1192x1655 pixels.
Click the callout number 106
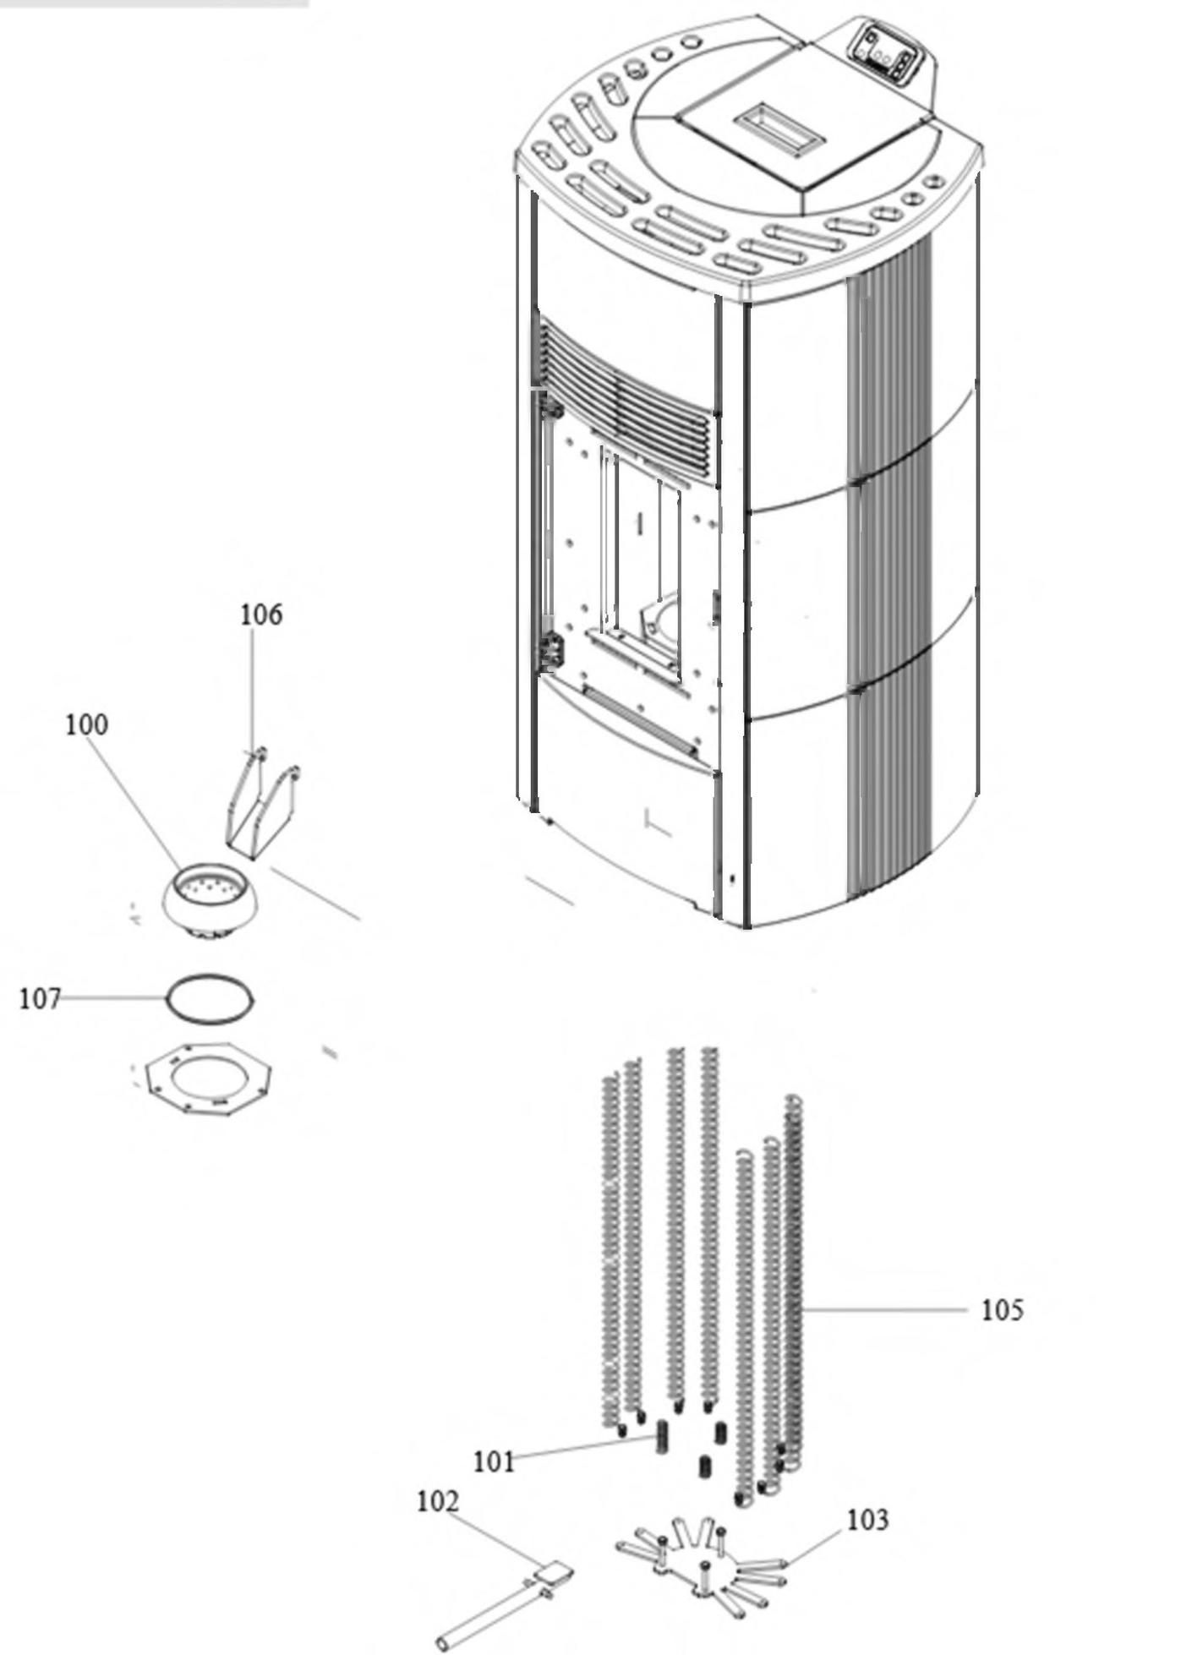coord(261,614)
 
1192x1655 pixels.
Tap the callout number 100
coord(87,724)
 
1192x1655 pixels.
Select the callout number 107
coord(40,998)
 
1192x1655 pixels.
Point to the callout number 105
coord(1002,1309)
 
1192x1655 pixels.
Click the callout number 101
coord(494,1461)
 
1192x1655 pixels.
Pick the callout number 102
coord(438,1501)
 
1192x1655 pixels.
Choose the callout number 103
coord(868,1519)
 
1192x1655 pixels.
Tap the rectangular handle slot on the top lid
coord(779,129)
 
